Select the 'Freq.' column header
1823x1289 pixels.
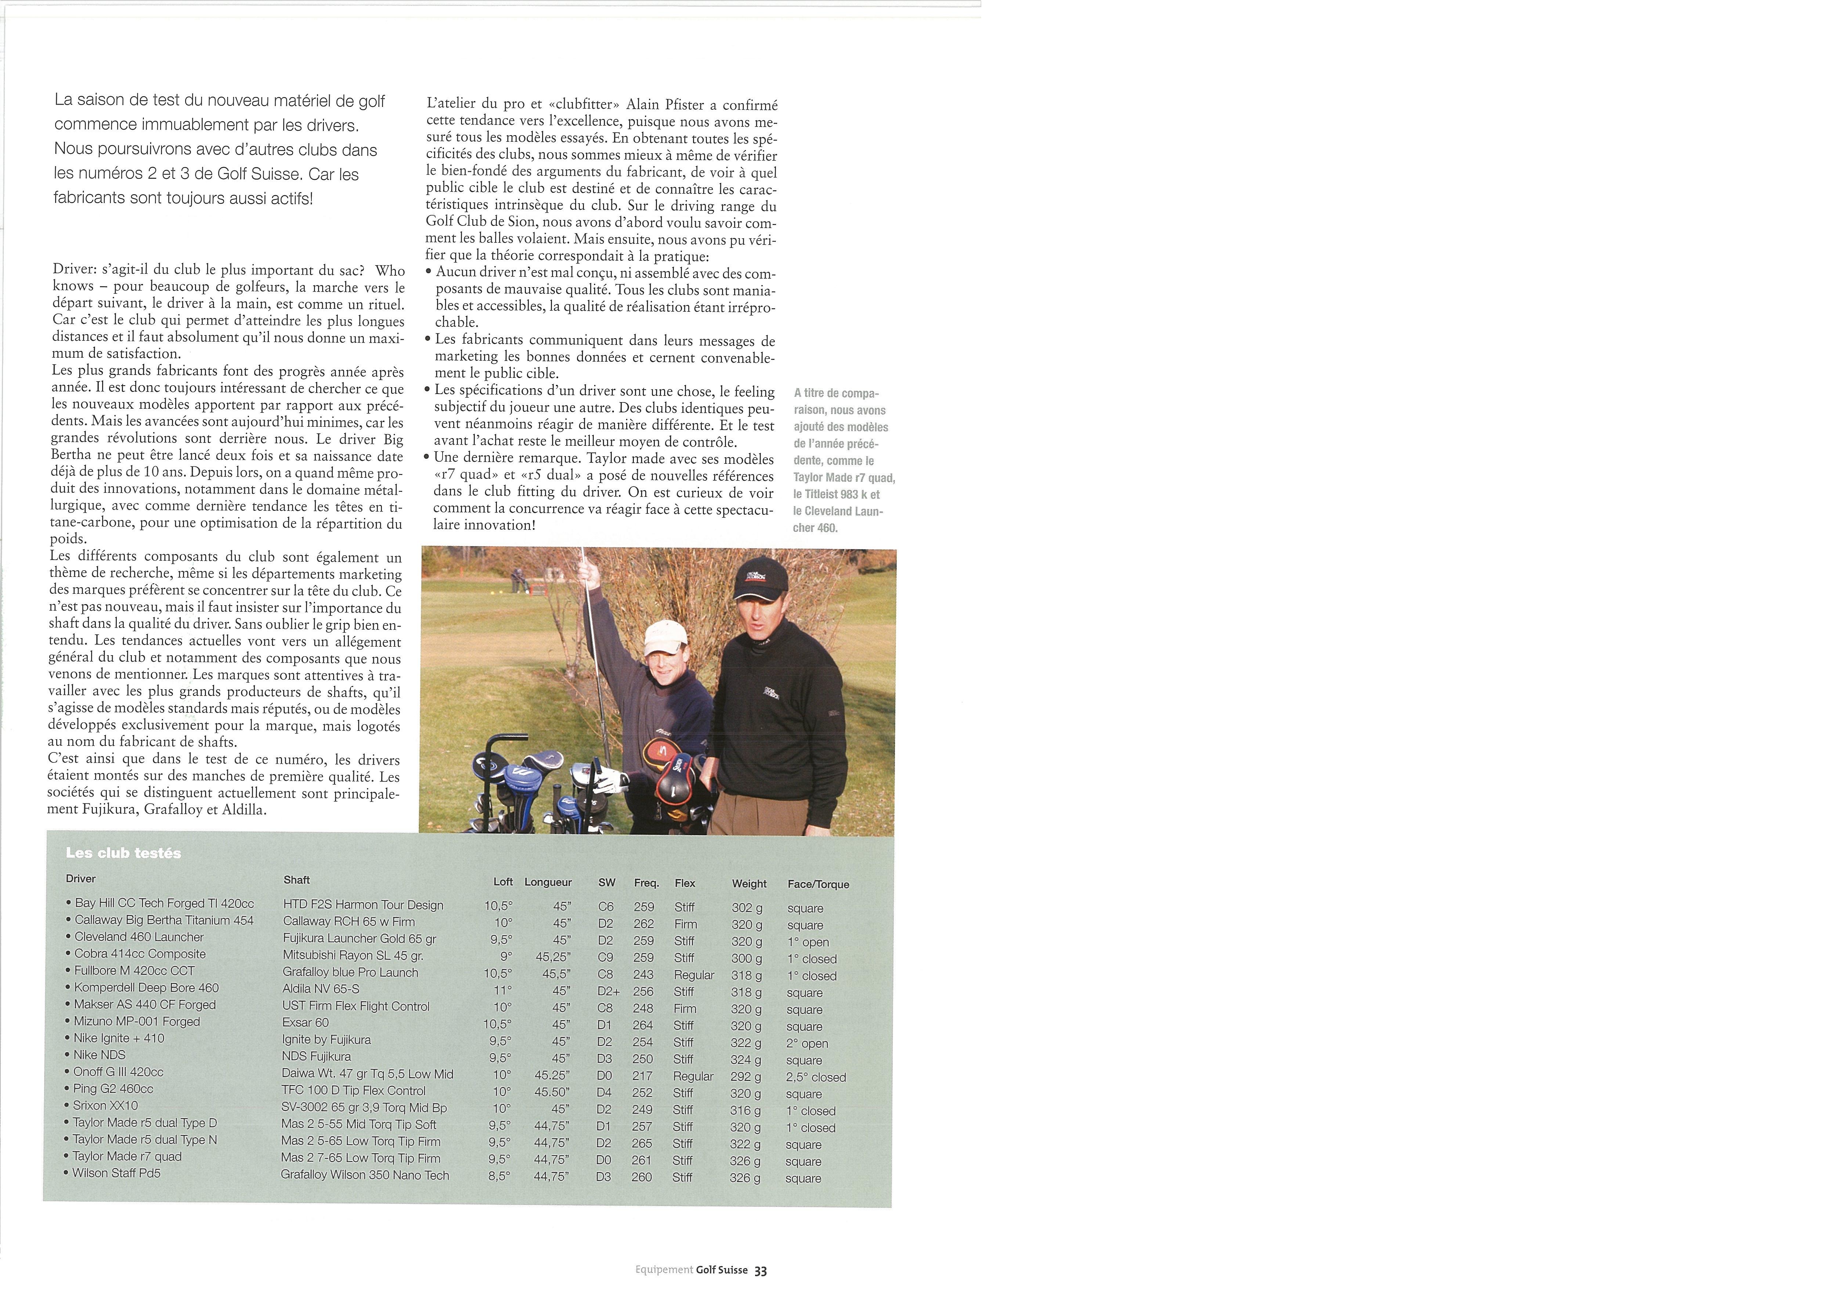pos(646,882)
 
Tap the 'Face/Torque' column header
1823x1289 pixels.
pos(818,884)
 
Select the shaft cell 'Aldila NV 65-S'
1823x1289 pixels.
pos(321,989)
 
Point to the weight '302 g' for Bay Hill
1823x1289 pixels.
pos(746,907)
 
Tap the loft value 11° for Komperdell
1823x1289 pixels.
pos(503,990)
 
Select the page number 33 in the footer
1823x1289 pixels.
pos(761,1270)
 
